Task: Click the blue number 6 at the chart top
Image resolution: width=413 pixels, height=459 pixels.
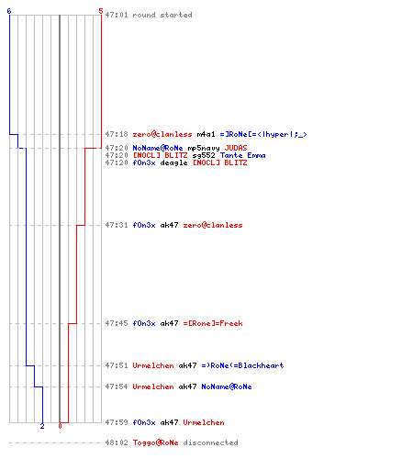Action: pos(9,11)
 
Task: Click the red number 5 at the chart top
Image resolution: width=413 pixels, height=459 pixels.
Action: pos(101,11)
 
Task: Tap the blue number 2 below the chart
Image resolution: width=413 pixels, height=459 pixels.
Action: pos(42,426)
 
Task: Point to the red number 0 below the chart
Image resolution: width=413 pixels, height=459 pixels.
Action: pos(60,426)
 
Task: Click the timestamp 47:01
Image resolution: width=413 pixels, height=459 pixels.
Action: pos(117,15)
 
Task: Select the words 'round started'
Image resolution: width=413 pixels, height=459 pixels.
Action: pos(162,15)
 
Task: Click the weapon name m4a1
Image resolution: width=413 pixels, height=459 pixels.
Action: pos(206,134)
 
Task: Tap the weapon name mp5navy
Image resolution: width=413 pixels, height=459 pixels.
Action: pos(204,148)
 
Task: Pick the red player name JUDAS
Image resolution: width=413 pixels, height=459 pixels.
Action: pos(236,148)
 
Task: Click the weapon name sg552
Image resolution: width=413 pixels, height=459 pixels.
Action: pos(204,155)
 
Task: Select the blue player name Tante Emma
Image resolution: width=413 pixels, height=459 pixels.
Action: pos(242,155)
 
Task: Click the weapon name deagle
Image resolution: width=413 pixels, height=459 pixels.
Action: pos(173,162)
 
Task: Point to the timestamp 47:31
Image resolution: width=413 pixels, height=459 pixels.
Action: pos(117,225)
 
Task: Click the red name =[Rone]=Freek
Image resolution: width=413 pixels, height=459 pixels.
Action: pos(213,323)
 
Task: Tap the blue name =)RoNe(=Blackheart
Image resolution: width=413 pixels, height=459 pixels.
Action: pos(242,365)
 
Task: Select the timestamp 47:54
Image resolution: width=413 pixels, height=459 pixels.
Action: pos(117,386)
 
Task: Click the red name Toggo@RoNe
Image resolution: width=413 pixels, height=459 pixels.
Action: pos(155,442)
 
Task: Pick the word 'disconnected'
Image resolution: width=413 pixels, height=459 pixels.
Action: pos(210,442)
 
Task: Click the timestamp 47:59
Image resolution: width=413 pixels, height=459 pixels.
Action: pos(117,422)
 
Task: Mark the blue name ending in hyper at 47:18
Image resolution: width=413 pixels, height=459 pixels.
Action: pos(263,134)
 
